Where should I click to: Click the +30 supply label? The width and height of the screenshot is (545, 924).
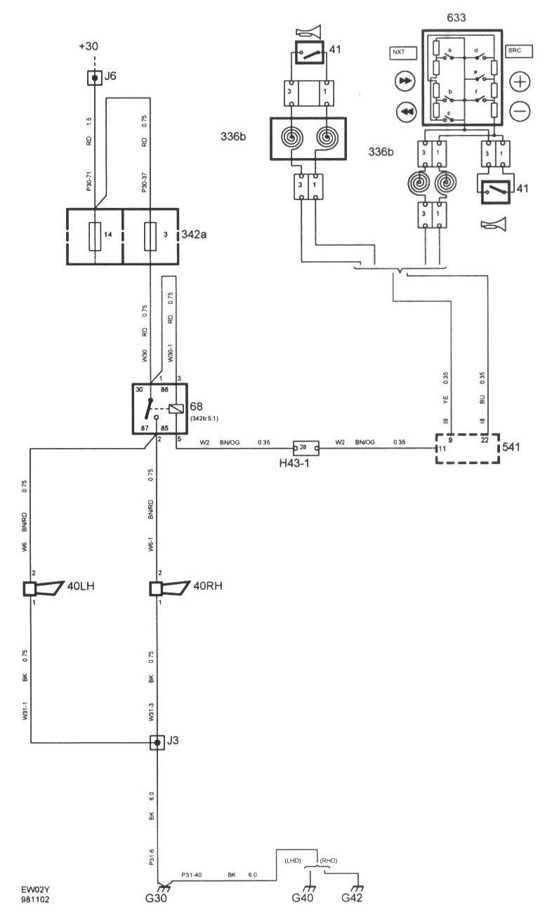[89, 47]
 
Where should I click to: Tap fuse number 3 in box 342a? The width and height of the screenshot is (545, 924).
[150, 236]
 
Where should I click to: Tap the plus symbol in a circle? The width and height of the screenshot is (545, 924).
[520, 82]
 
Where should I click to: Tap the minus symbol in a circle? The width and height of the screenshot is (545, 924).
[520, 110]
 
